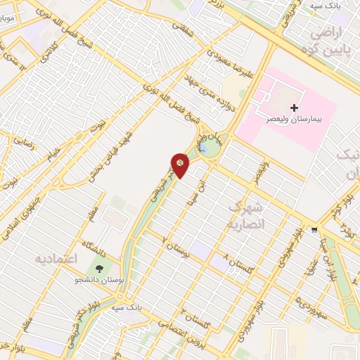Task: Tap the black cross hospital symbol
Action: (293, 106)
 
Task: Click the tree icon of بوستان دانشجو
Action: (98, 269)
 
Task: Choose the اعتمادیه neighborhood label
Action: (56, 258)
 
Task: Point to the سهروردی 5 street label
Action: (306, 304)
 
